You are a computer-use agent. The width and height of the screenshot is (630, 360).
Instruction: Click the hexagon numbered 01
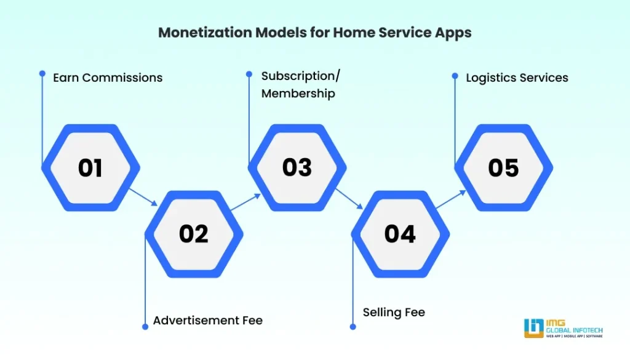pos(90,168)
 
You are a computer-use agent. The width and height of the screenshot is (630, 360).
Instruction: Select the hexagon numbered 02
pos(194,234)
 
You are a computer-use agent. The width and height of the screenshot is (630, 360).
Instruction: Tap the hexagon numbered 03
pos(297,168)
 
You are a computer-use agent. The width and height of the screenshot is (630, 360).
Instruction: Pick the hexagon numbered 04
pos(400,234)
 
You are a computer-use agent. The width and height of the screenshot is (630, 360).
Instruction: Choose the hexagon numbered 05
pos(503,168)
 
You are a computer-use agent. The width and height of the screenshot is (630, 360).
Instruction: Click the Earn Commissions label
pos(108,78)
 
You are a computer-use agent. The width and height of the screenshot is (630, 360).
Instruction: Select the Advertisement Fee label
pos(208,321)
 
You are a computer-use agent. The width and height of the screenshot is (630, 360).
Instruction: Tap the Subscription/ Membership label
pos(300,84)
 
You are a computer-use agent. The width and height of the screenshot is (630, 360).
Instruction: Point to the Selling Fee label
pos(394,313)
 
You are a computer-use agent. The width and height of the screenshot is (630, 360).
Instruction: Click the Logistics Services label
pos(517,78)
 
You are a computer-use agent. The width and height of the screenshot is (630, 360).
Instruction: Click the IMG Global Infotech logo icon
pos(533,328)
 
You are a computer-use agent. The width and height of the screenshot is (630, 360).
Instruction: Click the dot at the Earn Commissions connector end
pos(42,73)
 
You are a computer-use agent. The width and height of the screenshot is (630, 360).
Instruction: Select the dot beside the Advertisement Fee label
pos(145,327)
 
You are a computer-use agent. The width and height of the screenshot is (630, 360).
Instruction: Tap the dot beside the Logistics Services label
pos(455,76)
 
